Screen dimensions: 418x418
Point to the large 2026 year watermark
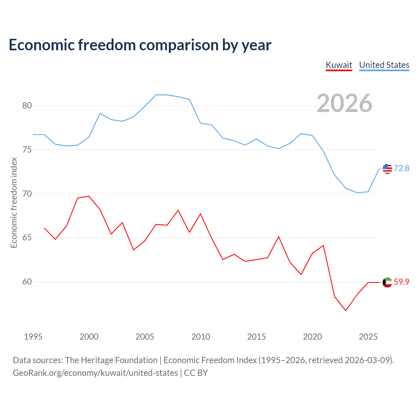344,103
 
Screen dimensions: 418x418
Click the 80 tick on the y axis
27,105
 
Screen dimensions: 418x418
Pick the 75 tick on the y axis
27,150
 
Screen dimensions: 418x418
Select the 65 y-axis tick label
27,237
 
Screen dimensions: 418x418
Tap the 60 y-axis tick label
27,281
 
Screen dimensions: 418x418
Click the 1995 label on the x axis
33,337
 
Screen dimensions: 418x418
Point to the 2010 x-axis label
201,337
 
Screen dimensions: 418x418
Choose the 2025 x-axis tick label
368,337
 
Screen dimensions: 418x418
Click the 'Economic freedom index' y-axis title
14,202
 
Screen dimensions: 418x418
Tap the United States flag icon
387,169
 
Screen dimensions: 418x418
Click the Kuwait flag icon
387,282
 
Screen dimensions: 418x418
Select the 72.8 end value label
401,168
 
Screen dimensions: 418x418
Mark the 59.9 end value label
401,282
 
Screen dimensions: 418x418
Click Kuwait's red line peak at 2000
89,196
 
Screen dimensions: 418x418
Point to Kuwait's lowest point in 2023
346,311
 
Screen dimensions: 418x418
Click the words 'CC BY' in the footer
196,373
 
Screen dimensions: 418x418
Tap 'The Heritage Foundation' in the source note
111,360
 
